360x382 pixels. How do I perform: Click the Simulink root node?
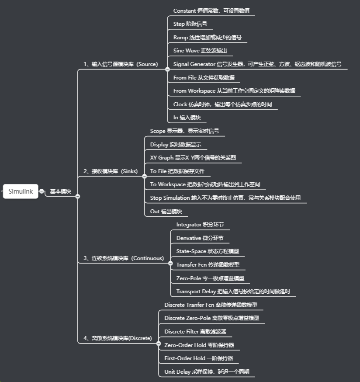tap(21, 191)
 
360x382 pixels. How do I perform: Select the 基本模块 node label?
tap(60, 191)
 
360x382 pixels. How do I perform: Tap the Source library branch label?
tap(121, 64)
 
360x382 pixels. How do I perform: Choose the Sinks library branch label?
tap(110, 171)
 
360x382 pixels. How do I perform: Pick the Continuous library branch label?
tap(124, 258)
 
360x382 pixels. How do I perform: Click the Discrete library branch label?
tap(118, 338)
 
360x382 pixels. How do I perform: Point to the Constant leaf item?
tap(211, 10)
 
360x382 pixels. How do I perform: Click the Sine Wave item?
tap(200, 51)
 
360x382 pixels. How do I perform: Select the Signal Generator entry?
tap(257, 64)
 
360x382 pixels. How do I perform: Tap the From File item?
tap(204, 77)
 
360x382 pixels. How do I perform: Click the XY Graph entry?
tap(193, 157)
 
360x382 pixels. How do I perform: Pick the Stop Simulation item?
tap(225, 198)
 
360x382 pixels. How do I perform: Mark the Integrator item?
tap(200, 224)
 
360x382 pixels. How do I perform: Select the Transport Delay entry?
tap(233, 291)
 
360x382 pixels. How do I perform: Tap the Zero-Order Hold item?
tap(199, 344)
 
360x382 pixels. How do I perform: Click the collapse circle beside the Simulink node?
tap(42, 191)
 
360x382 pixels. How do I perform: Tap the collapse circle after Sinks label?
tap(144, 176)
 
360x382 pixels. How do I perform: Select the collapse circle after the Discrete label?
tap(159, 343)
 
